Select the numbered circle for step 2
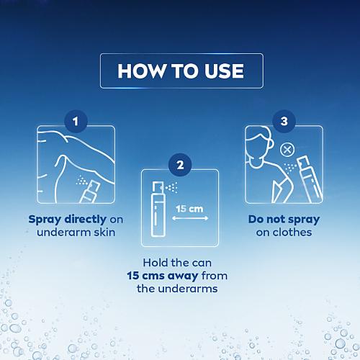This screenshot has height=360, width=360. pyautogui.click(x=180, y=164)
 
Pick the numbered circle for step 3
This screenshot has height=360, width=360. pyautogui.click(x=284, y=120)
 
